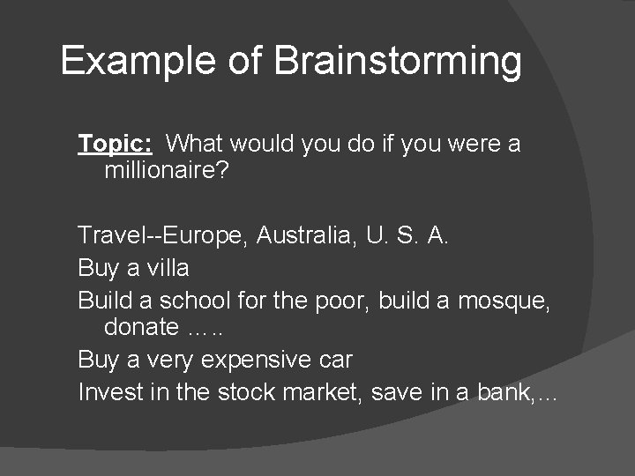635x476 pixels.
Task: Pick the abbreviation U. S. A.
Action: [418, 235]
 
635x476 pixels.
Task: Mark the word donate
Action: [141, 326]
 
